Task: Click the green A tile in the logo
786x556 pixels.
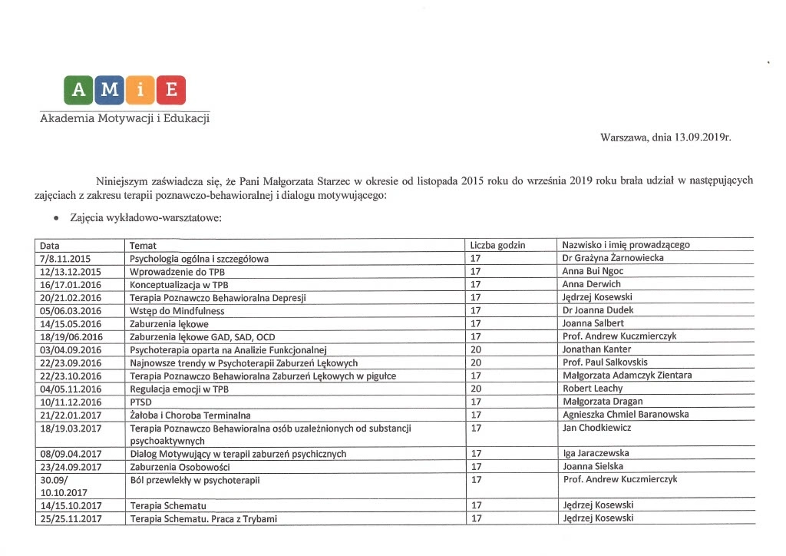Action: pyautogui.click(x=79, y=91)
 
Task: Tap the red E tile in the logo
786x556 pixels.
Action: pyautogui.click(x=171, y=91)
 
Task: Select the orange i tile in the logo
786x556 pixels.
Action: pyautogui.click(x=140, y=91)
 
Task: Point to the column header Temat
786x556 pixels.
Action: pyautogui.click(x=144, y=245)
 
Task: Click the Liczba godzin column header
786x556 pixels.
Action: pyautogui.click(x=497, y=245)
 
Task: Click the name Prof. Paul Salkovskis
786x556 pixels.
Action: pyautogui.click(x=606, y=362)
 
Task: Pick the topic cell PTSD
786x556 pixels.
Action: pyautogui.click(x=140, y=402)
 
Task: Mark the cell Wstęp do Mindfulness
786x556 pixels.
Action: pyautogui.click(x=177, y=311)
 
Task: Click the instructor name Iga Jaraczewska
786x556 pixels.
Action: pyautogui.click(x=596, y=454)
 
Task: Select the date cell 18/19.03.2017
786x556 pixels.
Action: pyautogui.click(x=71, y=428)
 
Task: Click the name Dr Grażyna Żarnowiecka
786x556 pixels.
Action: pyautogui.click(x=613, y=259)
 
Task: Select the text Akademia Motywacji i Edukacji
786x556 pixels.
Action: pyautogui.click(x=124, y=118)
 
